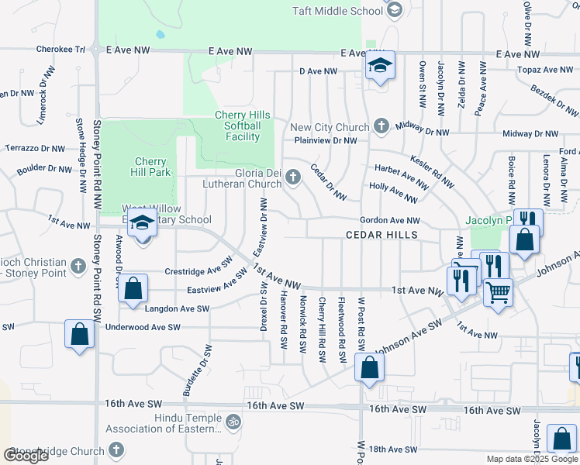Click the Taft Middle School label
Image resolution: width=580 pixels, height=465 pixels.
click(x=337, y=11)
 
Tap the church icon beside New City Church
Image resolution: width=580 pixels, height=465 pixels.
click(x=381, y=126)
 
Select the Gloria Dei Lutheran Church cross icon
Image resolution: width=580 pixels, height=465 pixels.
click(x=293, y=177)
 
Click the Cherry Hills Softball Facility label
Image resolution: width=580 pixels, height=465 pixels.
click(x=243, y=126)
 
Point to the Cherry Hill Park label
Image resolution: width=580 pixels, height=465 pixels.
click(x=150, y=166)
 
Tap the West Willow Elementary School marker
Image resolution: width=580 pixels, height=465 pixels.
click(x=142, y=224)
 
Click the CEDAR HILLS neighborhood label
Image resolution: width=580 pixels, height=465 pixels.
click(x=381, y=235)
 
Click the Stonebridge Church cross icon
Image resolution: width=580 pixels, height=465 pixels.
click(x=116, y=450)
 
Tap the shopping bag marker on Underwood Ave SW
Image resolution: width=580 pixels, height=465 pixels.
click(x=80, y=335)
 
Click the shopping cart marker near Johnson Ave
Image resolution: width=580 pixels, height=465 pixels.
click(x=498, y=293)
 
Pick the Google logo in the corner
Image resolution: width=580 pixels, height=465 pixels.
click(x=26, y=456)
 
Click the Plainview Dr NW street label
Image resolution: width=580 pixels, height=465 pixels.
click(x=325, y=140)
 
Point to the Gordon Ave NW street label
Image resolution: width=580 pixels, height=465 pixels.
click(x=389, y=221)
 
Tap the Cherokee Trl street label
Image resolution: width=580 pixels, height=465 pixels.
click(x=60, y=49)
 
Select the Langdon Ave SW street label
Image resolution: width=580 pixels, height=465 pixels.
click(x=178, y=308)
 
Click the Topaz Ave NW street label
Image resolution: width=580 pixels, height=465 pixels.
click(x=547, y=70)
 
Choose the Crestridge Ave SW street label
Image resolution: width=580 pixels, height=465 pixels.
click(x=199, y=271)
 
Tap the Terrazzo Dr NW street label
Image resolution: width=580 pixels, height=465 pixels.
click(x=35, y=147)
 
